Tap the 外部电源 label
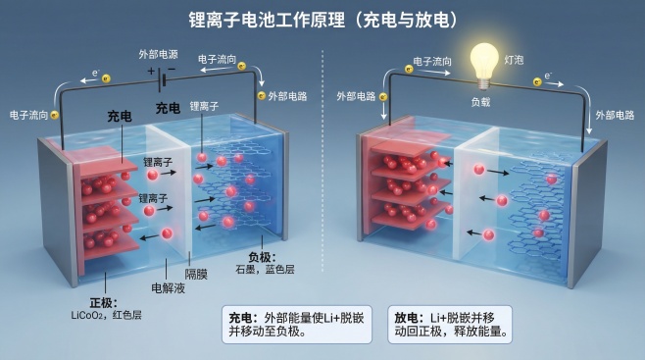pos(161,54)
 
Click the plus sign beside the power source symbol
pos(151,71)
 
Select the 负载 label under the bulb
pos(481,101)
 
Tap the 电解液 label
pos(167,288)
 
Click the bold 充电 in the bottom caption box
pos(240,318)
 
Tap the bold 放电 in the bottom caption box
pos(407,318)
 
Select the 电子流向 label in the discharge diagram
pos(431,61)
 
